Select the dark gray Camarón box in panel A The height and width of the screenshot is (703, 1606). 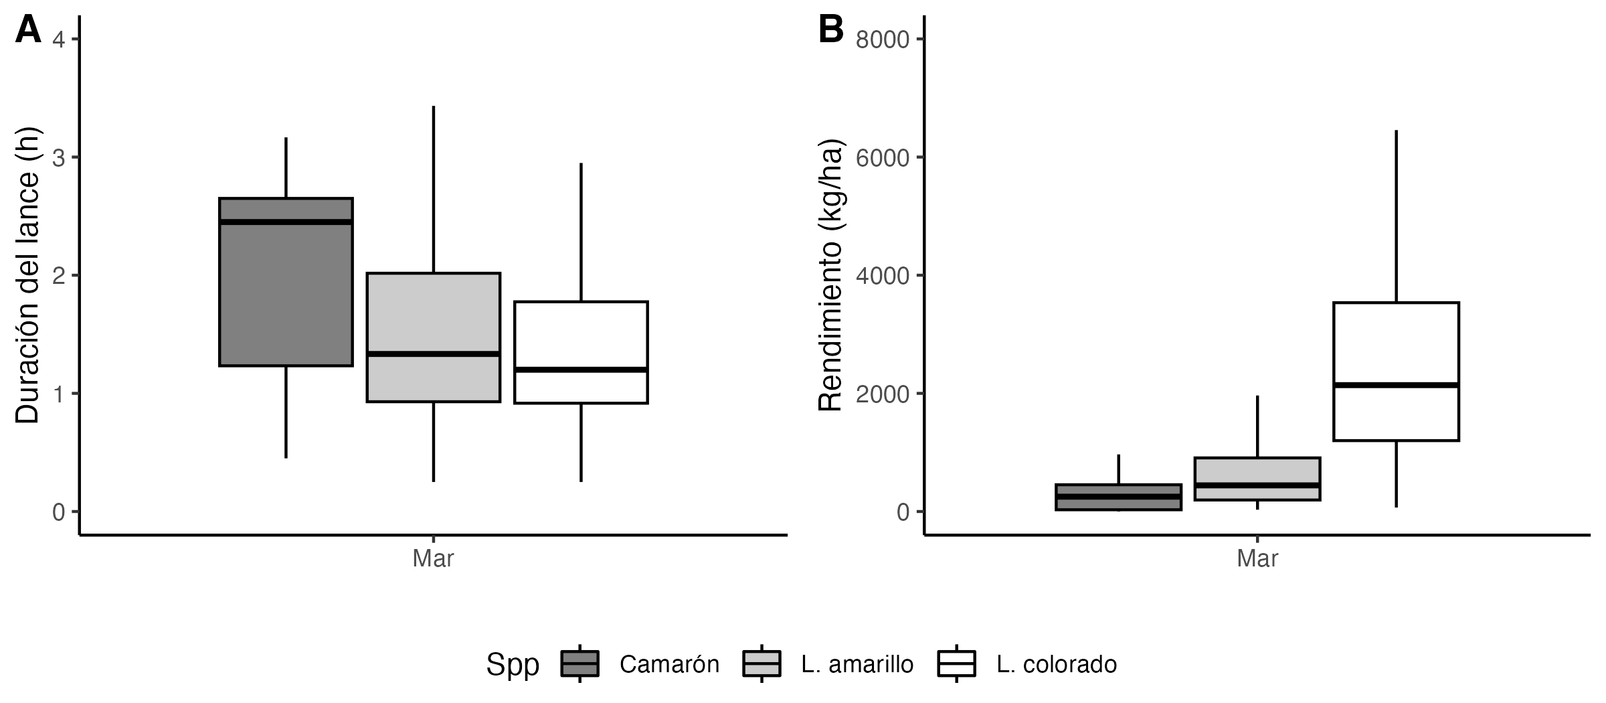point(286,295)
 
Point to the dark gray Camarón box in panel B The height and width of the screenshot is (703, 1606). point(1119,503)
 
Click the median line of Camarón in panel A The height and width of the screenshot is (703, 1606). point(286,222)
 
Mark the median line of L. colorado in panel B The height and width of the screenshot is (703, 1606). point(1396,385)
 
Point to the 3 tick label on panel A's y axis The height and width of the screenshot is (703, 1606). point(58,158)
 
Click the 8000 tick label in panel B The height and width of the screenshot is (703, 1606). point(883,40)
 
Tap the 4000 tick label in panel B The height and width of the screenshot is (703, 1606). point(883,276)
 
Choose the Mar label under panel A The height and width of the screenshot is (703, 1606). point(433,558)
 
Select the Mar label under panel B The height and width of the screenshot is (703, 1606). point(1257,558)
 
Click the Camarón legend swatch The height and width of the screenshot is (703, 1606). point(579,663)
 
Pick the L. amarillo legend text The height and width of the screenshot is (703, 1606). point(857,664)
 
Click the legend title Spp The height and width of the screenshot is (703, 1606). point(513,664)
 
